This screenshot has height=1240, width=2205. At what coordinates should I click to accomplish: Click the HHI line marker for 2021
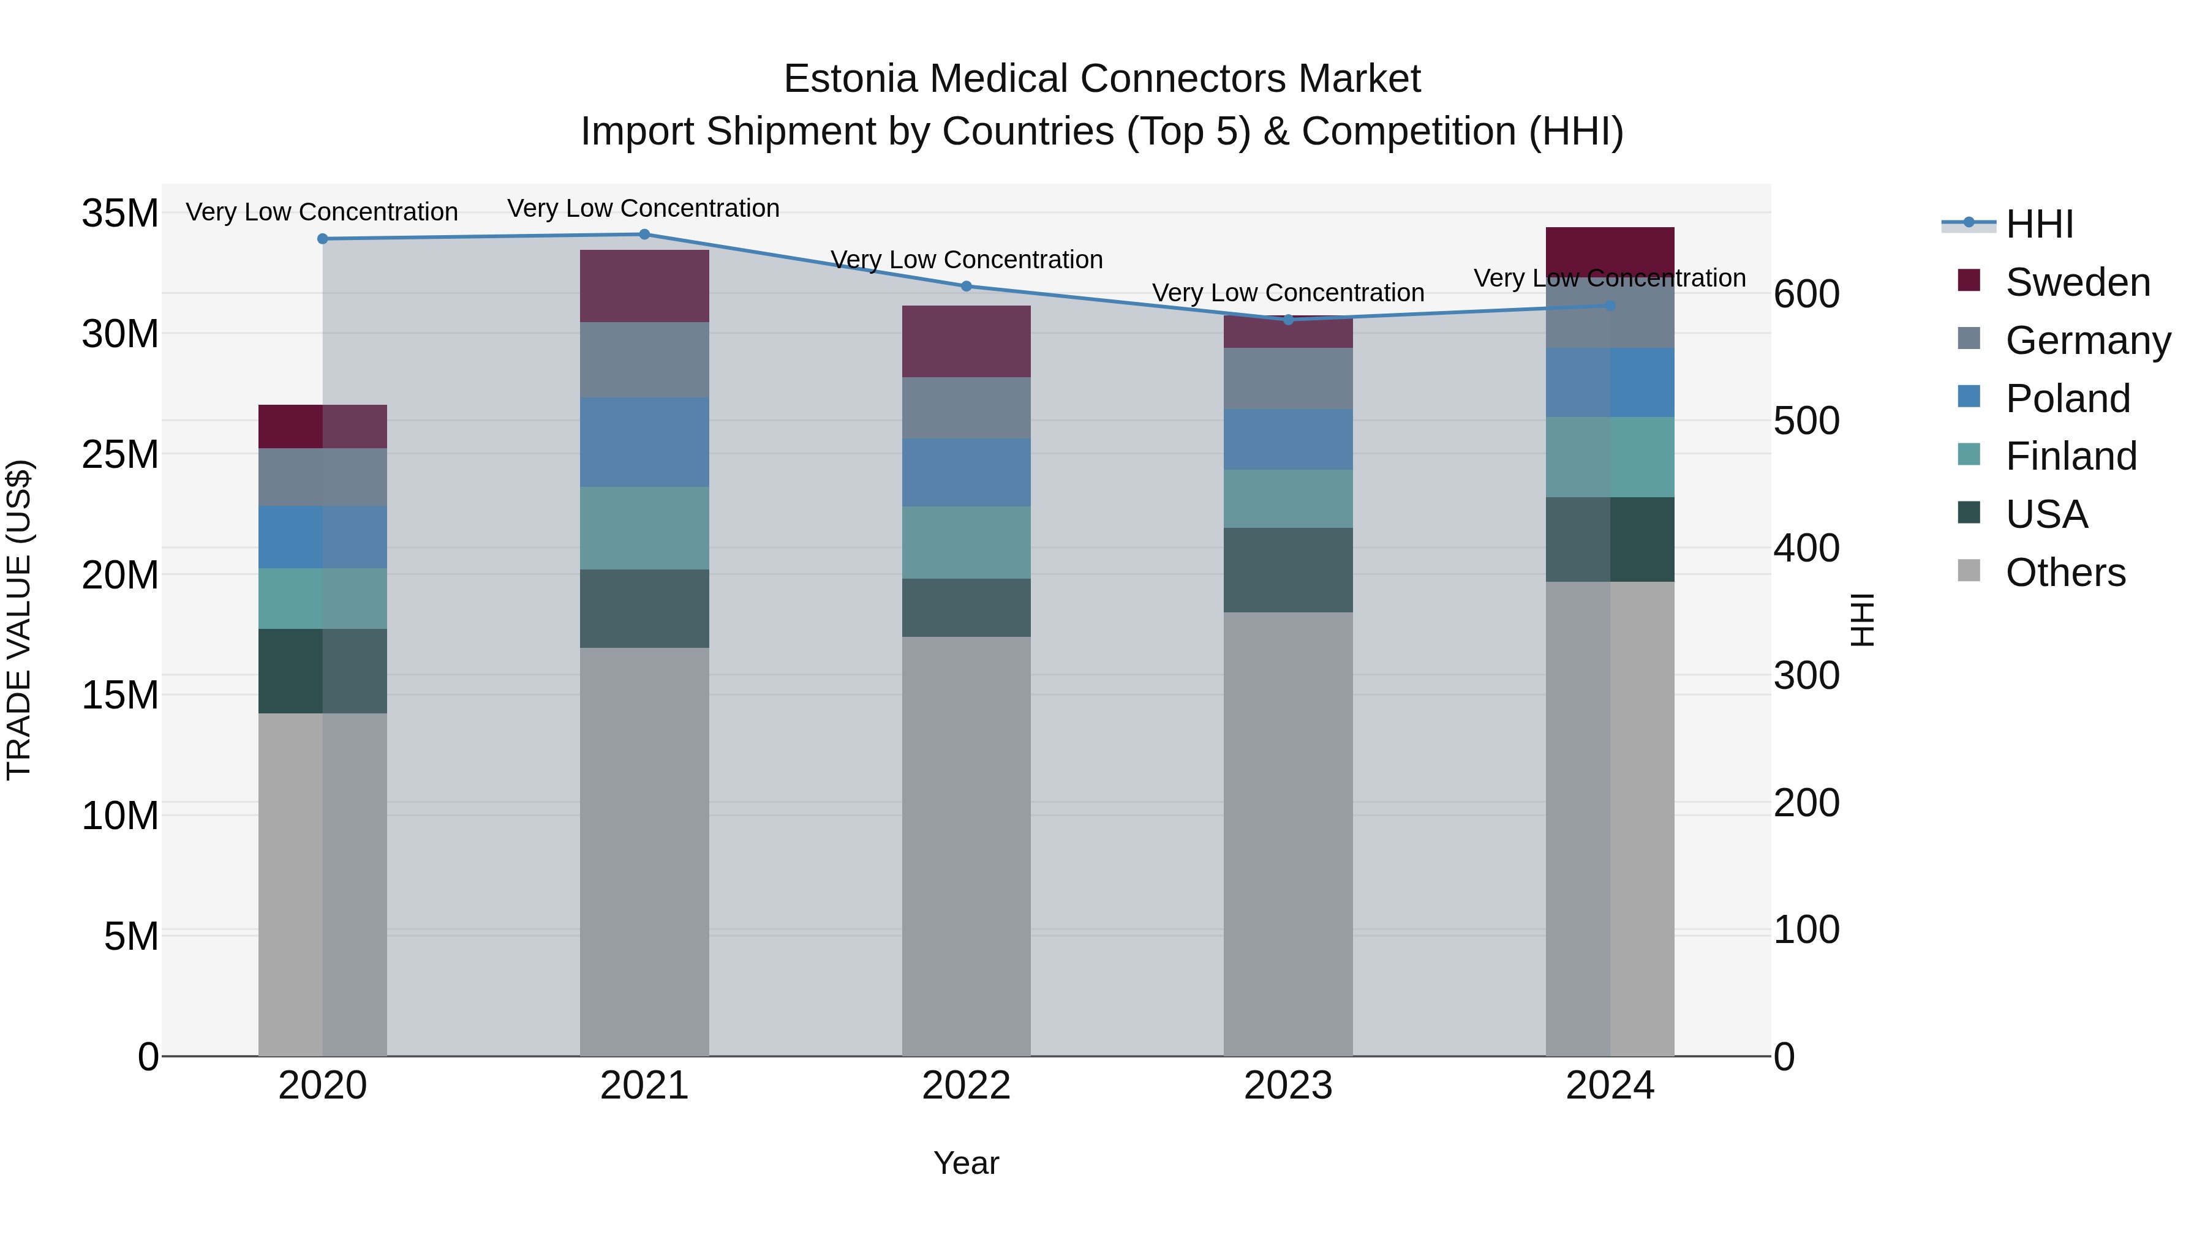tap(644, 235)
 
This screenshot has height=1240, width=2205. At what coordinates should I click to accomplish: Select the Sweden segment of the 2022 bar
tap(967, 342)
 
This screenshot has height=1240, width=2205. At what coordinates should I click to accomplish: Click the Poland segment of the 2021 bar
tap(644, 443)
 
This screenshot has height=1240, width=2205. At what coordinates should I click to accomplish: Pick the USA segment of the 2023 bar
tap(1288, 570)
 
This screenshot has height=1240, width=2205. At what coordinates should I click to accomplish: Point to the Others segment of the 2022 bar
tap(967, 846)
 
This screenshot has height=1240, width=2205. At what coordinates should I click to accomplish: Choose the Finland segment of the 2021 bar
tap(644, 528)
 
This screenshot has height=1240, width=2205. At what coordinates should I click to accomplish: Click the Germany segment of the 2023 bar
tap(1288, 378)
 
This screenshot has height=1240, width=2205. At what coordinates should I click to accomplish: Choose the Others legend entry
tap(2065, 573)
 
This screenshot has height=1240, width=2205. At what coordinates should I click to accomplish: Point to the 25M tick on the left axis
tap(120, 454)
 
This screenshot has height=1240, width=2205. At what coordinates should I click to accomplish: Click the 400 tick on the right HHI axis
tap(1806, 549)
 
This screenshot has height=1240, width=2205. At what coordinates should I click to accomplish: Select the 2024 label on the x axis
tap(1609, 1086)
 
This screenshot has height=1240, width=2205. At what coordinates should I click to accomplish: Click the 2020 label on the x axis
tap(323, 1086)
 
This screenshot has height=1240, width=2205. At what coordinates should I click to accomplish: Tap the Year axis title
tap(965, 1163)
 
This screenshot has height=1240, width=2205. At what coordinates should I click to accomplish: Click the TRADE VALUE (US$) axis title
tap(19, 620)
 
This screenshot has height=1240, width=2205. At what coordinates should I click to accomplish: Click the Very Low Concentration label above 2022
tap(967, 259)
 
